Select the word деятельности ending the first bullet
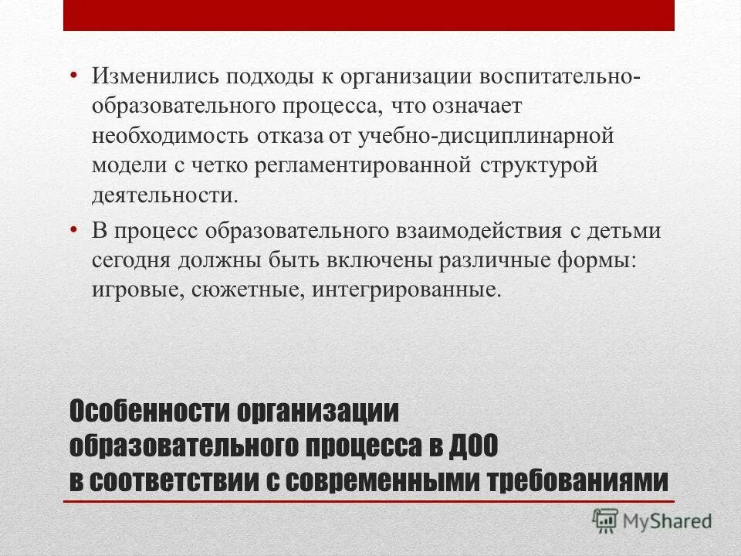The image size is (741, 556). click(x=165, y=194)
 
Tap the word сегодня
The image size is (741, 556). click(x=134, y=260)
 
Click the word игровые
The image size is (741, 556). click(x=135, y=290)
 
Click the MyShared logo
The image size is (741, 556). click(x=652, y=520)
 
